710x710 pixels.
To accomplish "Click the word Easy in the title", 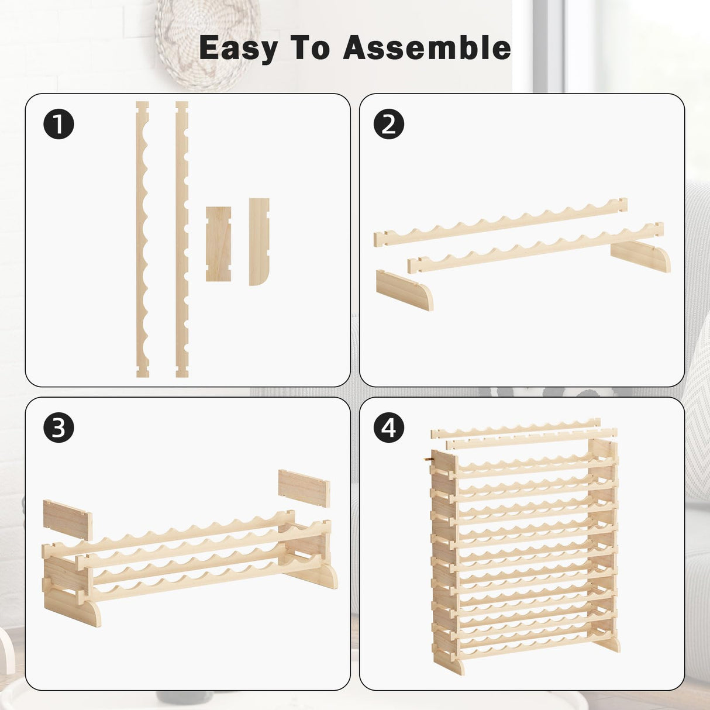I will [x=239, y=48].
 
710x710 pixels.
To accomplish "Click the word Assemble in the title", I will [x=427, y=48].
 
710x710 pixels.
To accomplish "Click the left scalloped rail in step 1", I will [x=142, y=240].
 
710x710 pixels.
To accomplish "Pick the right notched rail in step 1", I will [x=182, y=240].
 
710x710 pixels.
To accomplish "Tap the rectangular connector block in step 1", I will [x=218, y=243].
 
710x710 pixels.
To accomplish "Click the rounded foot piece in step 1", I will [x=258, y=241].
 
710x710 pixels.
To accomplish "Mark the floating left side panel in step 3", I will [x=67, y=519].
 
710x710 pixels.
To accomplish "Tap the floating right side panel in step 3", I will [x=304, y=488].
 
